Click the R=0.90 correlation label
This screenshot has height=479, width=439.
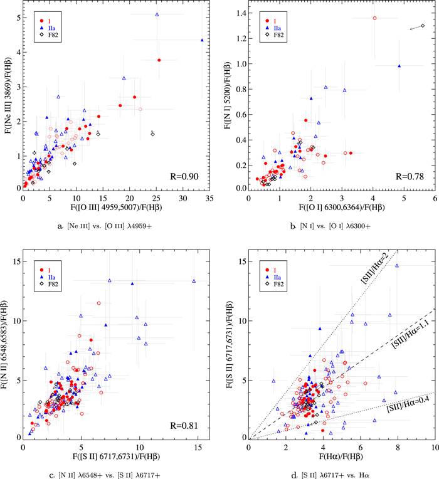click(187, 177)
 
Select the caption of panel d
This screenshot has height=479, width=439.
click(340, 465)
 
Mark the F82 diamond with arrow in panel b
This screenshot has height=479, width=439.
click(423, 26)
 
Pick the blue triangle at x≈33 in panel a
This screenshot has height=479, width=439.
click(202, 40)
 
